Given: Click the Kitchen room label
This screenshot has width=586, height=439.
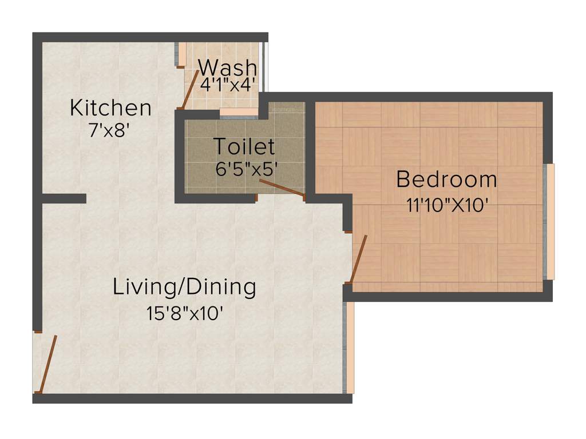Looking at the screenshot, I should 110,108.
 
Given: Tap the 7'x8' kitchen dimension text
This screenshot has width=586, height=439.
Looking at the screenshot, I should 110,131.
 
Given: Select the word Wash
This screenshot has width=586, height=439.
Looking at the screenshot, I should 227,67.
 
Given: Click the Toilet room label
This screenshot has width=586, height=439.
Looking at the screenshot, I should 244,147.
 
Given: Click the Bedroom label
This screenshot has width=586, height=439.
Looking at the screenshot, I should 446,179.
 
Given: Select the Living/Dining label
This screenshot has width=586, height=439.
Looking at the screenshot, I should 184,287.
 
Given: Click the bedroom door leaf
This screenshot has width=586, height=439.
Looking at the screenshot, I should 359,259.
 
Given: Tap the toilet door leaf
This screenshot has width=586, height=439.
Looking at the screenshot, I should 282,188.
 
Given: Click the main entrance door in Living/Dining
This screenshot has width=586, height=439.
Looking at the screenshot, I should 47,364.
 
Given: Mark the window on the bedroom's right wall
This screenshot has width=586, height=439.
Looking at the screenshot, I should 550,222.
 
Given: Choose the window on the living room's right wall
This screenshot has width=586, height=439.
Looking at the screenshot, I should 349,348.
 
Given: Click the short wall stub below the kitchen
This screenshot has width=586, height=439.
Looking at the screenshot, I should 64,198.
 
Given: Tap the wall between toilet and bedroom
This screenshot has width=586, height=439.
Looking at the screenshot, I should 310,149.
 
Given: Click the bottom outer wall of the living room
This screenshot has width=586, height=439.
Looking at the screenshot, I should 192,398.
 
